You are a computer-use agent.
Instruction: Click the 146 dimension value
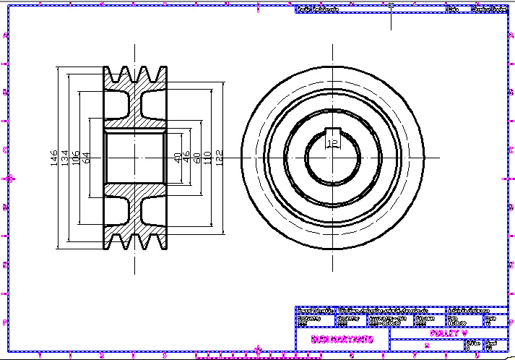click(54, 158)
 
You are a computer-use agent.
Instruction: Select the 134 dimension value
click(65, 157)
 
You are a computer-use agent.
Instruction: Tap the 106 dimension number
click(76, 157)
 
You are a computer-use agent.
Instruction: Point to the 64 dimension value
click(87, 157)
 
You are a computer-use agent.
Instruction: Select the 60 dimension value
click(196, 157)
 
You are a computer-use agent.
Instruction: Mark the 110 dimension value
click(207, 157)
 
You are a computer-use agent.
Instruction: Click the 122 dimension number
click(219, 157)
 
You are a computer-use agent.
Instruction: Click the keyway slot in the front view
click(332, 133)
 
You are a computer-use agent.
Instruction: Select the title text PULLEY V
click(448, 333)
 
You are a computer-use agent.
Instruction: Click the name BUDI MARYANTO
click(342, 338)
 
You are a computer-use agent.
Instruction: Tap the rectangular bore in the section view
click(135, 157)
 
